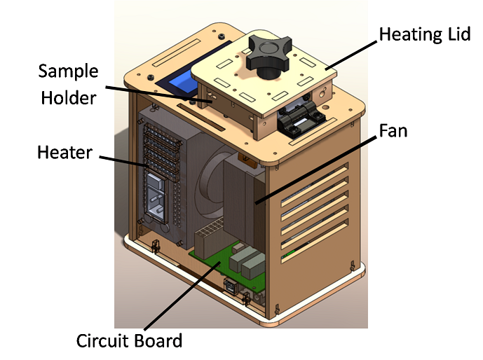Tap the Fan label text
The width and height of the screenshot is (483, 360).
click(x=393, y=130)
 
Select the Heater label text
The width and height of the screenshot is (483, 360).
click(x=65, y=151)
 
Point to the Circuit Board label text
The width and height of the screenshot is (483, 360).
click(x=129, y=341)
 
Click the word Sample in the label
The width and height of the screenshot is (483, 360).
click(x=67, y=71)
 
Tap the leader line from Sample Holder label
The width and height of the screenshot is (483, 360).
click(x=161, y=95)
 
